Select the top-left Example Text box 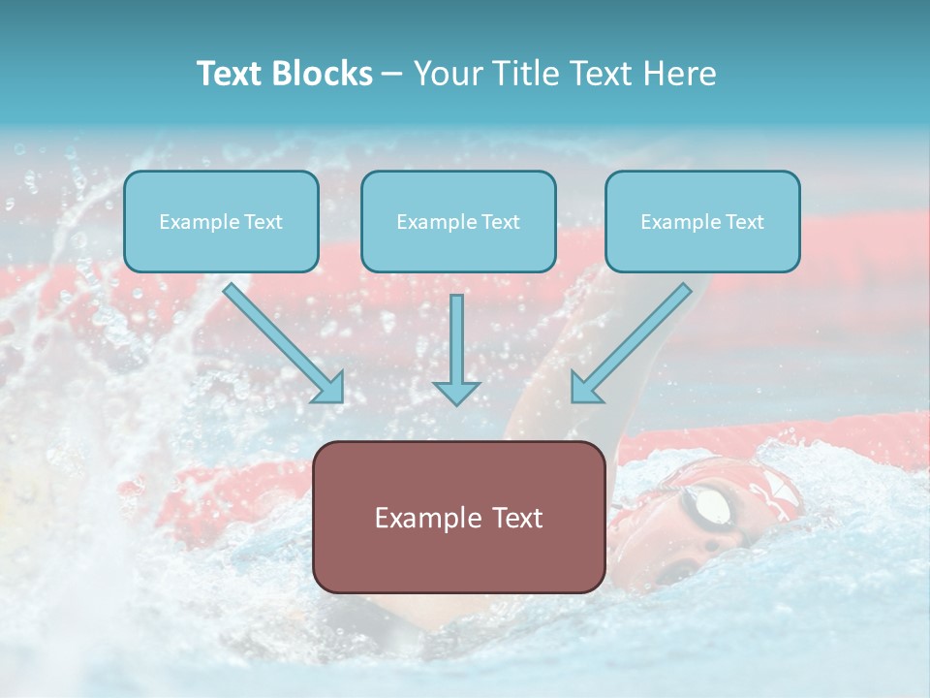click(x=221, y=222)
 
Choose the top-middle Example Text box click(x=458, y=222)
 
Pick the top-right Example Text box click(x=702, y=222)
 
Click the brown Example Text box click(x=458, y=518)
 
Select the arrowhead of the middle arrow click(x=456, y=392)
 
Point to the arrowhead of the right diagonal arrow click(x=585, y=388)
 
